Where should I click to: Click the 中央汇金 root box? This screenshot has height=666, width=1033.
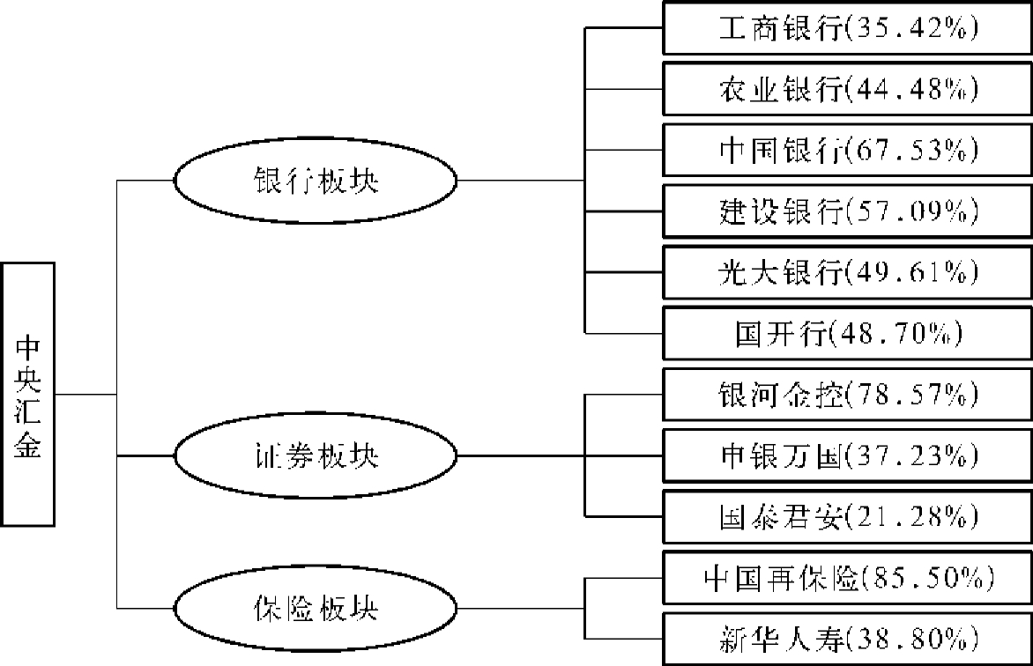point(27,395)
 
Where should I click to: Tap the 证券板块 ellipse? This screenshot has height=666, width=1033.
point(315,456)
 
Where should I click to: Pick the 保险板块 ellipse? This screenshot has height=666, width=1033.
point(315,608)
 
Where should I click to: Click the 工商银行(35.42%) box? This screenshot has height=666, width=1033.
point(847,28)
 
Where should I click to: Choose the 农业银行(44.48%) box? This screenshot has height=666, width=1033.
point(847,89)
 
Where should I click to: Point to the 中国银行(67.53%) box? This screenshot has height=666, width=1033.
point(847,151)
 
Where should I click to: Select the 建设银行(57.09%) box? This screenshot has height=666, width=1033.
point(847,211)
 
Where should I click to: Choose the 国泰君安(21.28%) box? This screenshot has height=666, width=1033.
point(847,516)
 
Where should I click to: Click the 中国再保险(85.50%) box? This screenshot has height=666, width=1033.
point(847,578)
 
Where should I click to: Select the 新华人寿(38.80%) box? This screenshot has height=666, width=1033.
point(847,638)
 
